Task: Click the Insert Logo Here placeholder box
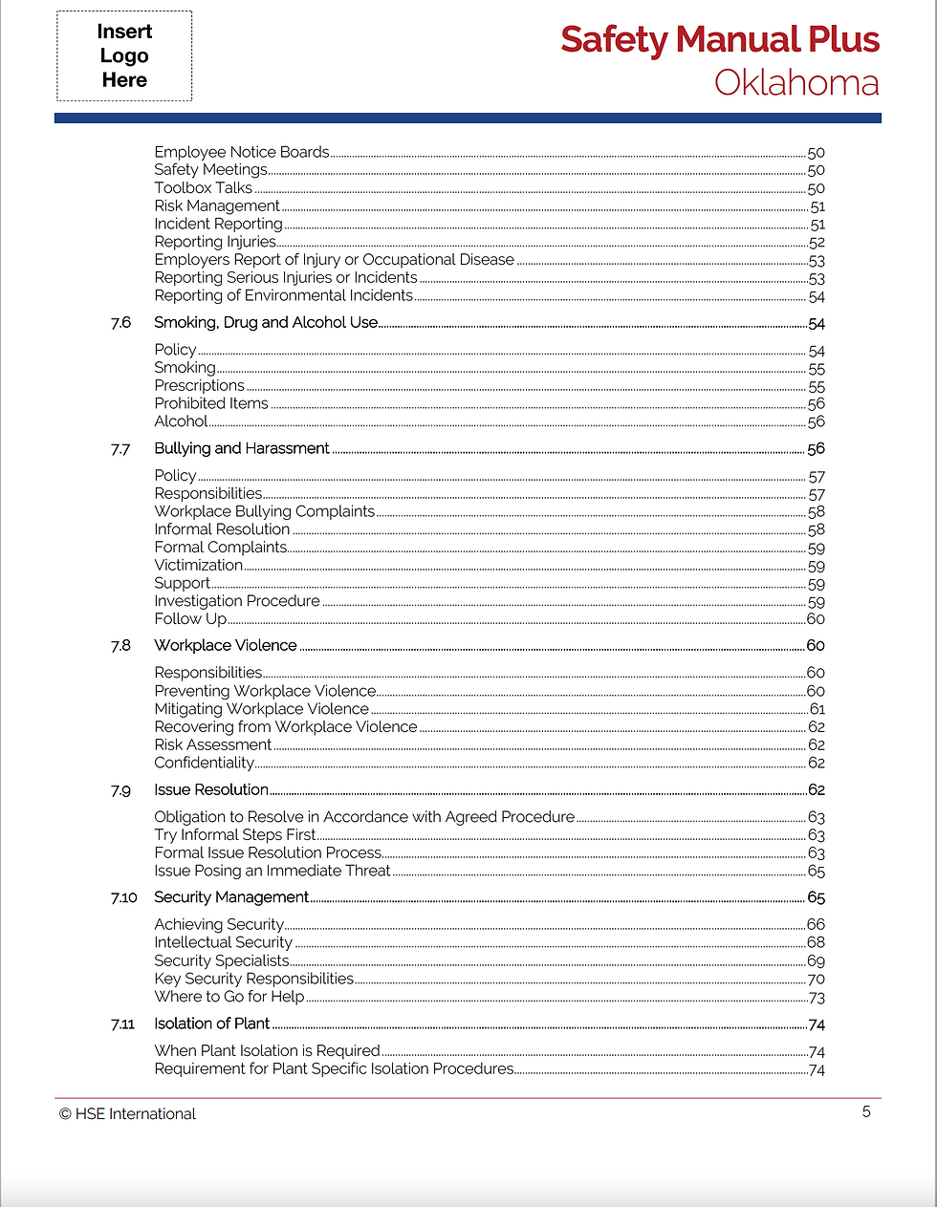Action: [x=124, y=56]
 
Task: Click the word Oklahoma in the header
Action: [x=796, y=83]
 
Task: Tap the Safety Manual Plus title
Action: [x=719, y=40]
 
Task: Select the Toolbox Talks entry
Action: [x=204, y=188]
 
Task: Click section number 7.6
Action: [x=120, y=323]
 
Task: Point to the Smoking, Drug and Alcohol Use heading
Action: [x=266, y=323]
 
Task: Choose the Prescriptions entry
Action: [x=200, y=386]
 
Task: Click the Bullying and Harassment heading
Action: [x=242, y=448]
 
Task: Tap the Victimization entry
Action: [x=199, y=566]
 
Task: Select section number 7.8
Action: [x=120, y=646]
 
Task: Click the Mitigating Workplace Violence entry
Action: [x=262, y=709]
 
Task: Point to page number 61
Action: [x=817, y=709]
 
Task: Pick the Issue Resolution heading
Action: [x=211, y=790]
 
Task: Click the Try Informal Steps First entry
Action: [x=235, y=835]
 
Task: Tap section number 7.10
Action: [x=123, y=898]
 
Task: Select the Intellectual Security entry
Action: [x=224, y=943]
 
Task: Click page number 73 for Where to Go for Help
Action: [x=817, y=998]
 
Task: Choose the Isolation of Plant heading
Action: [x=212, y=1024]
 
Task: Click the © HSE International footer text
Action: [x=127, y=1114]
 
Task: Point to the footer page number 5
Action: [x=866, y=1111]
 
